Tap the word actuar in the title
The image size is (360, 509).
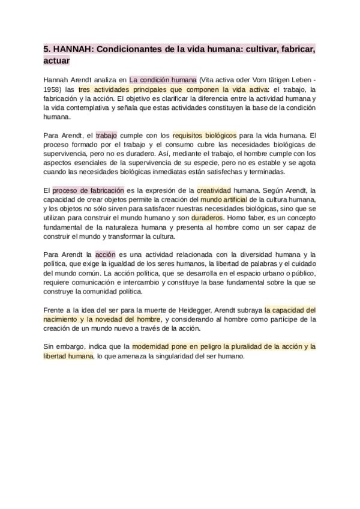tap(57, 61)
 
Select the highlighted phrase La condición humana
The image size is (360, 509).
tap(163, 79)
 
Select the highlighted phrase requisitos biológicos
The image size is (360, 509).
tap(205, 136)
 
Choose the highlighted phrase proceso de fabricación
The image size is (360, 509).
tap(88, 190)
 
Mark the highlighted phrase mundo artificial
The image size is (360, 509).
tap(223, 200)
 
